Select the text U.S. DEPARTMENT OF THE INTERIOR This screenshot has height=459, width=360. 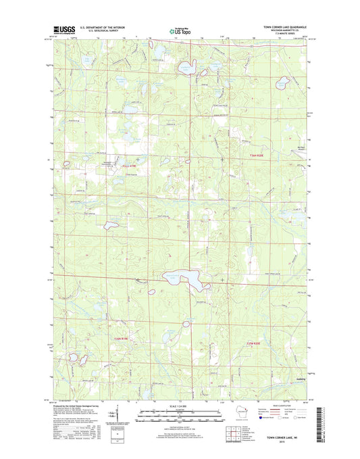106,28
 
